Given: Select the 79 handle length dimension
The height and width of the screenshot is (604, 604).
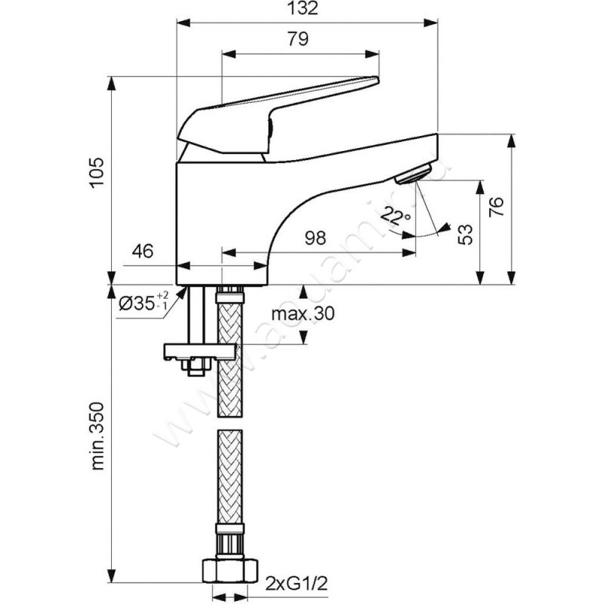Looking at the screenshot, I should pos(298,41).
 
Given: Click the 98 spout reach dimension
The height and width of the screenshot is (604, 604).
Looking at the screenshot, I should pos(316,239).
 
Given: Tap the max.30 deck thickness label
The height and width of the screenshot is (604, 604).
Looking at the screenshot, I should pos(301,313).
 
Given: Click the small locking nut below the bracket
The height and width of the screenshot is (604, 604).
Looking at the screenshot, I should pos(195,367).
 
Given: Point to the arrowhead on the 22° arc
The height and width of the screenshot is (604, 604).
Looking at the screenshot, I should pos(445,226).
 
